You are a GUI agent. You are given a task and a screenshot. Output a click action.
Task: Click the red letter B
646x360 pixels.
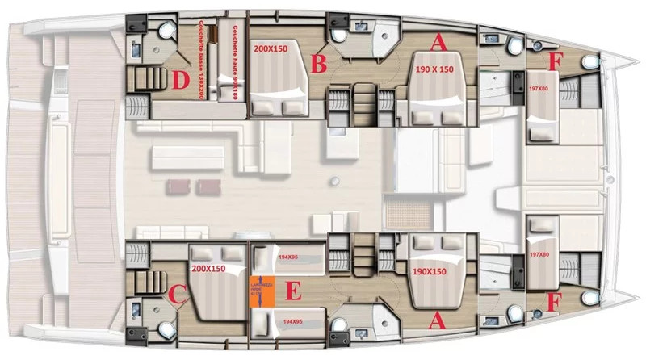[320, 63]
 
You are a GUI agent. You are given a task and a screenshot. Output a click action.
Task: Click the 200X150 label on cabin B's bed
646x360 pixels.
[272, 49]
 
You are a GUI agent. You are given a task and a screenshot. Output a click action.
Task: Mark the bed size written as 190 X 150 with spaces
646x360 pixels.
[434, 70]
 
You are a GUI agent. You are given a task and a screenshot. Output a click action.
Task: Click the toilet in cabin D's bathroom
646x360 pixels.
[166, 31]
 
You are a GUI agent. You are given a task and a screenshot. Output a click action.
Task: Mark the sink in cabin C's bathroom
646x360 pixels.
[136, 310]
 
